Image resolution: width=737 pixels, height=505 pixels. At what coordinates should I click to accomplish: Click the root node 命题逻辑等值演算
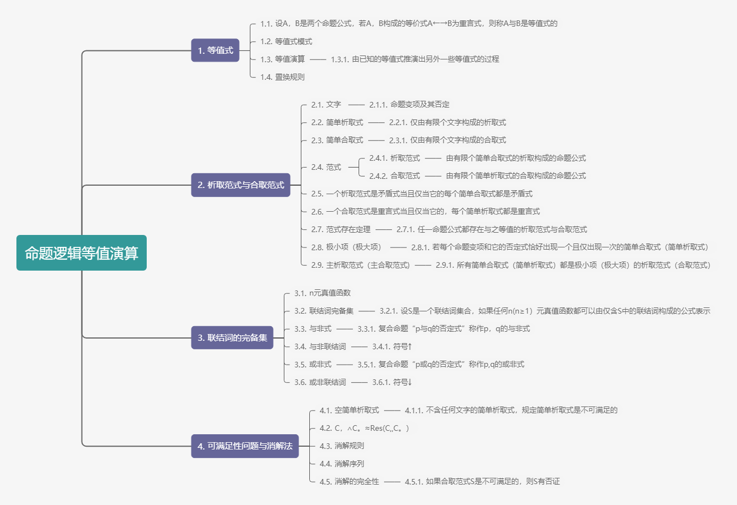[x=82, y=252]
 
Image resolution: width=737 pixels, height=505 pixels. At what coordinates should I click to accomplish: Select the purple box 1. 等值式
[x=215, y=50]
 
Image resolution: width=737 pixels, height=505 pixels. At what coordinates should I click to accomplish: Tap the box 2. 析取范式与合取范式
[x=241, y=185]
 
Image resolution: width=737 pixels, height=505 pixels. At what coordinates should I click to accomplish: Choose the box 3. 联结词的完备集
[x=232, y=337]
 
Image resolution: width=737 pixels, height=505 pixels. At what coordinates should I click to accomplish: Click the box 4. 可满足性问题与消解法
[x=245, y=446]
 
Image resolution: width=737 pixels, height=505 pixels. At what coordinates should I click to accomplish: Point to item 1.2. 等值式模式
[x=286, y=41]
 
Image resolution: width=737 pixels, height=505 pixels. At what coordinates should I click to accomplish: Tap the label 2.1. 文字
[x=326, y=104]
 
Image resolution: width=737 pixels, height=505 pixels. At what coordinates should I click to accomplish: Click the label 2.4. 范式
[x=326, y=167]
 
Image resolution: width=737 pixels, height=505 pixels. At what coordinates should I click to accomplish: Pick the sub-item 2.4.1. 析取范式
[x=395, y=158]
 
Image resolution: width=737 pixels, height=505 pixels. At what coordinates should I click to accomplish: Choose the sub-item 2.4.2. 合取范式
[x=395, y=176]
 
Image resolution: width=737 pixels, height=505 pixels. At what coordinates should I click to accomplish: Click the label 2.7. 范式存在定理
[x=341, y=229]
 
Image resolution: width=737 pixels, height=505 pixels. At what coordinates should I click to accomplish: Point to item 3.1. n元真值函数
[x=322, y=293]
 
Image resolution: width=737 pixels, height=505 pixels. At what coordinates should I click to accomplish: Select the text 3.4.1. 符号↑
[x=392, y=346]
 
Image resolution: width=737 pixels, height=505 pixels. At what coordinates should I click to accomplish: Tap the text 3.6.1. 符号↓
[x=392, y=382]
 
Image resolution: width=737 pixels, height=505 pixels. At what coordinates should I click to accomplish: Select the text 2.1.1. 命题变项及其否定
[x=410, y=104]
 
